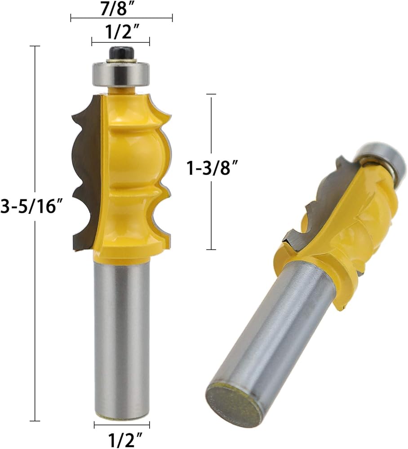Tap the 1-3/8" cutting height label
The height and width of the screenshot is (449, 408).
pos(212,167)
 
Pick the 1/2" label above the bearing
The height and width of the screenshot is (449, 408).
pos(121,32)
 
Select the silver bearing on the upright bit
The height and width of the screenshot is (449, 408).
pos(121,75)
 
